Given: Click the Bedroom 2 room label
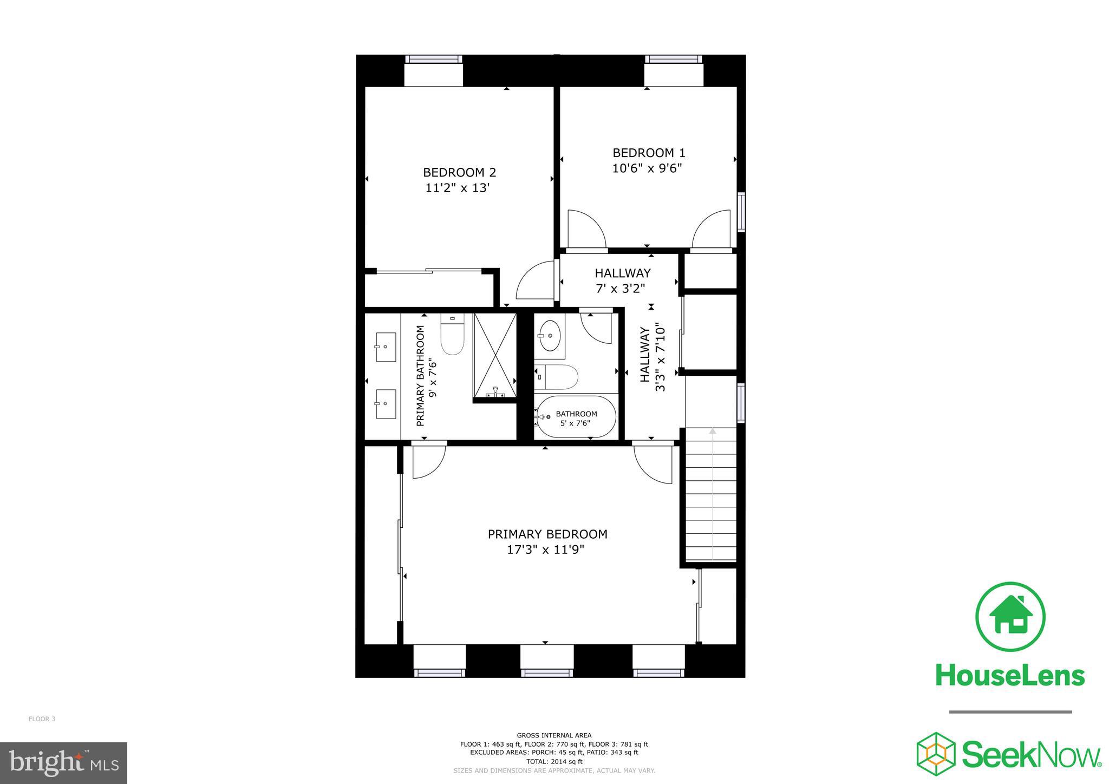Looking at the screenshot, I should pyautogui.click(x=459, y=172).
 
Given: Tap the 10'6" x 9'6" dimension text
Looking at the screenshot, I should pyautogui.click(x=647, y=168).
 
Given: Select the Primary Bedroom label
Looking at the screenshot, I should pyautogui.click(x=547, y=534).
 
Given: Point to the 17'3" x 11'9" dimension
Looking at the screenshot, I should pyautogui.click(x=545, y=550).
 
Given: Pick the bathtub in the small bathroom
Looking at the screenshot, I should pyautogui.click(x=575, y=417).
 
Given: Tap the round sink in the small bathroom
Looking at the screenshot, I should pyautogui.click(x=550, y=336).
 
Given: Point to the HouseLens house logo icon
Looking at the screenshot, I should pyautogui.click(x=1010, y=617).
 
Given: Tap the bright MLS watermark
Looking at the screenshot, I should pyautogui.click(x=64, y=763).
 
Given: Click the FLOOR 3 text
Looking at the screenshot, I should pyautogui.click(x=42, y=719).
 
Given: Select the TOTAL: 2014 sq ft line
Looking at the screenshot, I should pyautogui.click(x=554, y=761).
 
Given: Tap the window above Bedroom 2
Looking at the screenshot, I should pyautogui.click(x=434, y=70).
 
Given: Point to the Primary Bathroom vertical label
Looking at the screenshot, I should pyautogui.click(x=426, y=376).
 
